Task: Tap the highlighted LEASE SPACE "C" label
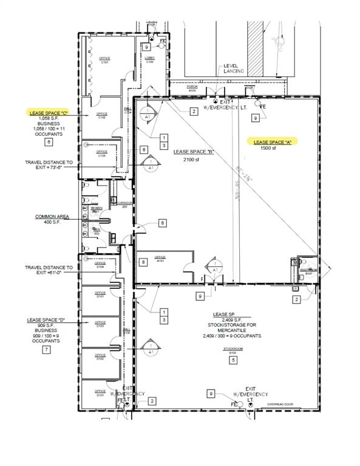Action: click(50, 112)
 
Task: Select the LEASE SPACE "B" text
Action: click(193, 151)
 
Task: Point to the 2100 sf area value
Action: click(193, 159)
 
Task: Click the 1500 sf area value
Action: click(268, 148)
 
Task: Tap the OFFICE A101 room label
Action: click(160, 258)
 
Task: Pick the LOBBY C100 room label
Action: click(149, 59)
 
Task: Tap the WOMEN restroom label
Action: click(95, 209)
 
